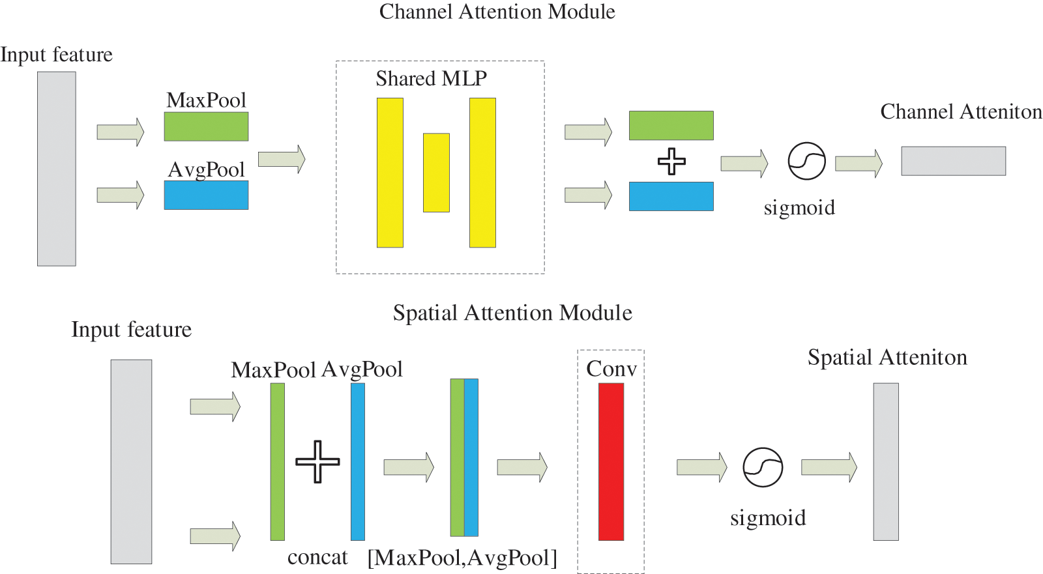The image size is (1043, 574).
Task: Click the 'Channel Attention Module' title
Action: click(497, 12)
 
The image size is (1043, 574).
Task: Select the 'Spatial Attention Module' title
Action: click(512, 312)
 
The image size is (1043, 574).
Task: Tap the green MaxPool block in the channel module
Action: click(206, 126)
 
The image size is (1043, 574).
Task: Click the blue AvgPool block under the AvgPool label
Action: click(206, 195)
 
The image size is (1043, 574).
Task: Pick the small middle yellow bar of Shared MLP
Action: click(436, 173)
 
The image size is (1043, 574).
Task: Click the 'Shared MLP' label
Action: click(431, 78)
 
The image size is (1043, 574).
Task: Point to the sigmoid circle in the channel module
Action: click(807, 161)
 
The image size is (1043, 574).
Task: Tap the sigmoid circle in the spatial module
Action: click(763, 467)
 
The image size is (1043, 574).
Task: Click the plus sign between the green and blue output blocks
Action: click(671, 162)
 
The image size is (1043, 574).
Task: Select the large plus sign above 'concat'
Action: click(317, 462)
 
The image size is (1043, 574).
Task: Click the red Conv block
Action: click(611, 462)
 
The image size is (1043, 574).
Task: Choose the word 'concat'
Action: click(317, 557)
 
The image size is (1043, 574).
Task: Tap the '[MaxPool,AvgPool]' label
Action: click(462, 558)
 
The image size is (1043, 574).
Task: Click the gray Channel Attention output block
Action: click(954, 161)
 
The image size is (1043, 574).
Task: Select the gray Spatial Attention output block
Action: click(886, 462)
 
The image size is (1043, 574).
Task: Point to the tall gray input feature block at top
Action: click(57, 169)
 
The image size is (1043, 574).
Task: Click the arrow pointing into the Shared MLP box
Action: click(282, 159)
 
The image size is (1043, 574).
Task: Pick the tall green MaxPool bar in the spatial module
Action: click(278, 462)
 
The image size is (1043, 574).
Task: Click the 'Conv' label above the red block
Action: click(611, 369)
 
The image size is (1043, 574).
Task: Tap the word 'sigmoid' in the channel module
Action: click(799, 208)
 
